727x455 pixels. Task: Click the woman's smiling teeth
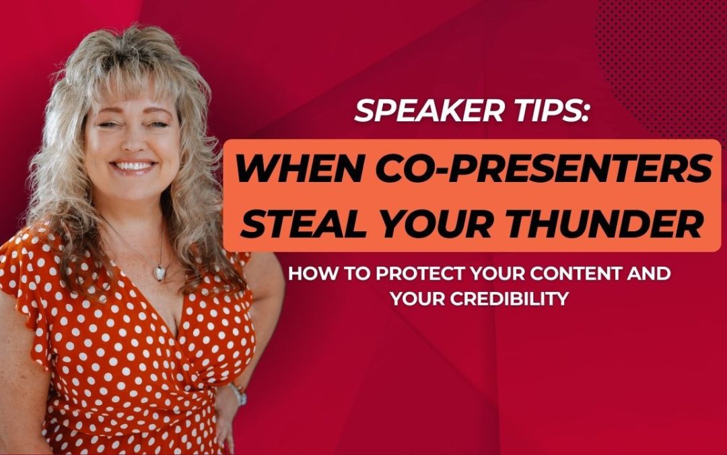pos(134,166)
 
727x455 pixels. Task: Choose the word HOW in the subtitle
pos(307,275)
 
